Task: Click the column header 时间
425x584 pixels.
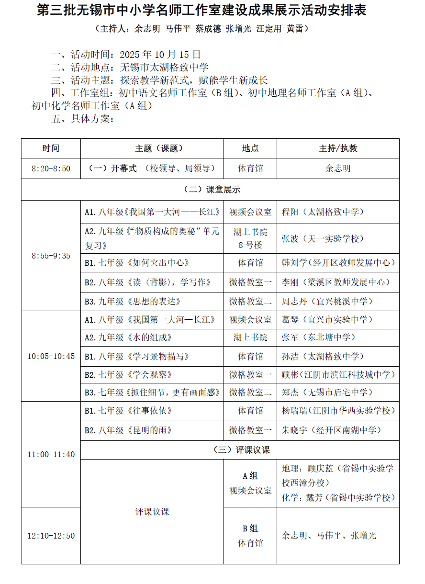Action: pos(51,148)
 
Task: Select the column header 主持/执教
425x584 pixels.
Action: pos(338,148)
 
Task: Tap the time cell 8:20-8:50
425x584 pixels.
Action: pos(51,168)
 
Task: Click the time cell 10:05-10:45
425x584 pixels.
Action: pos(51,356)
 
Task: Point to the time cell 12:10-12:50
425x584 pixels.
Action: pos(51,536)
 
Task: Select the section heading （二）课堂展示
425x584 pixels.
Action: pos(210,190)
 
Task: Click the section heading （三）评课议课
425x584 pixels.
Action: pos(240,450)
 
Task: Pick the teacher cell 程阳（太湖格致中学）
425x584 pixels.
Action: pos(323,212)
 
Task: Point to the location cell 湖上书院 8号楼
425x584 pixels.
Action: pos(250,238)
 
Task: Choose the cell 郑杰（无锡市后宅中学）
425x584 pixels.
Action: pos(327,393)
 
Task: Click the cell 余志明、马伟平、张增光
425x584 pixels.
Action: pos(329,536)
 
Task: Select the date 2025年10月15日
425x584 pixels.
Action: pos(160,55)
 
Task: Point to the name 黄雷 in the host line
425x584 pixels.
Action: pos(295,29)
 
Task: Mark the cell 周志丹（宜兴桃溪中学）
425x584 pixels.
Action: pos(327,302)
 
